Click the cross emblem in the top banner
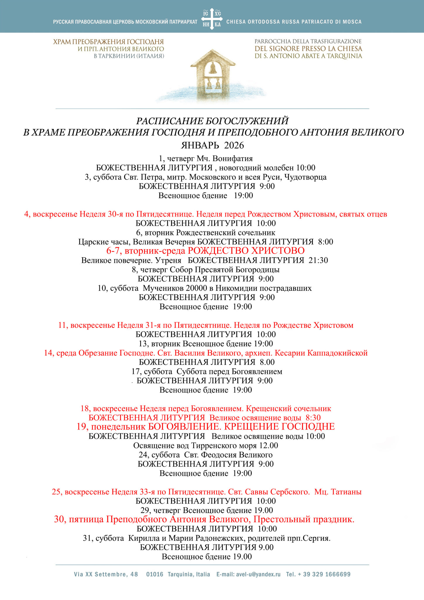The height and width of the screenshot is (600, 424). pyautogui.click(x=212, y=19)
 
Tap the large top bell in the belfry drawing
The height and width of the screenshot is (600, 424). pyautogui.click(x=213, y=68)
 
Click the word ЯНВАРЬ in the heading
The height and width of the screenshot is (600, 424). pyautogui.click(x=200, y=145)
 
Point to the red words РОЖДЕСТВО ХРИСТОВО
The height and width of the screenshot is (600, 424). pyautogui.click(x=246, y=251)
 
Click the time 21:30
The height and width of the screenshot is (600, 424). pyautogui.click(x=318, y=260)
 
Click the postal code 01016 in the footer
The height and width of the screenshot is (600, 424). pyautogui.click(x=155, y=574)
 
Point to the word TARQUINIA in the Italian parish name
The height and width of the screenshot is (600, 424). pyautogui.click(x=344, y=56)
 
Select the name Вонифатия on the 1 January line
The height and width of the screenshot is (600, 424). pyautogui.click(x=233, y=158)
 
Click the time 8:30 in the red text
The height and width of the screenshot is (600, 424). pyautogui.click(x=313, y=417)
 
